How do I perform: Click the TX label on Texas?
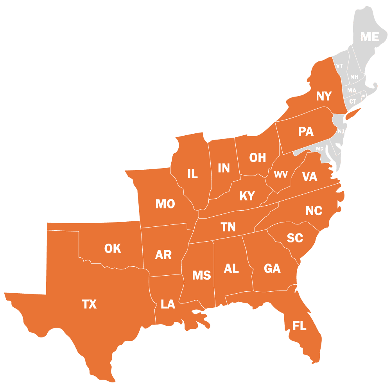pyautogui.click(x=89, y=304)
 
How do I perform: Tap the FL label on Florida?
pyautogui.click(x=300, y=326)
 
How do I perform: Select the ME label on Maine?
pyautogui.click(x=369, y=37)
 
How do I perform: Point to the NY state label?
pyautogui.click(x=324, y=96)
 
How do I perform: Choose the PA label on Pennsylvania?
pyautogui.click(x=306, y=131)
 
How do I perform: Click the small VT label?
pyautogui.click(x=339, y=66)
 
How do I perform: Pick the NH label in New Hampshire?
pyautogui.click(x=354, y=77)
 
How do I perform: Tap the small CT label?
pyautogui.click(x=353, y=102)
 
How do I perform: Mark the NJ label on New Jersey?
pyautogui.click(x=341, y=131)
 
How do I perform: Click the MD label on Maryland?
pyautogui.click(x=320, y=149)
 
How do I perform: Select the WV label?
pyautogui.click(x=280, y=175)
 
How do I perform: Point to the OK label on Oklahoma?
pyautogui.click(x=113, y=248)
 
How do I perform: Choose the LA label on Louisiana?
pyautogui.click(x=168, y=304)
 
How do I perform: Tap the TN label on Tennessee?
pyautogui.click(x=228, y=227)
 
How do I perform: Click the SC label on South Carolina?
pyautogui.click(x=295, y=238)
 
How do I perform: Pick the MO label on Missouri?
pyautogui.click(x=165, y=204)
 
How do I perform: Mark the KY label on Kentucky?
pyautogui.click(x=247, y=196)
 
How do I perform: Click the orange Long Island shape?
pyautogui.click(x=353, y=114)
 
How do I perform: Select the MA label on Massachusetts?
pyautogui.click(x=352, y=91)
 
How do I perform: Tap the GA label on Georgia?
pyautogui.click(x=272, y=269)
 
